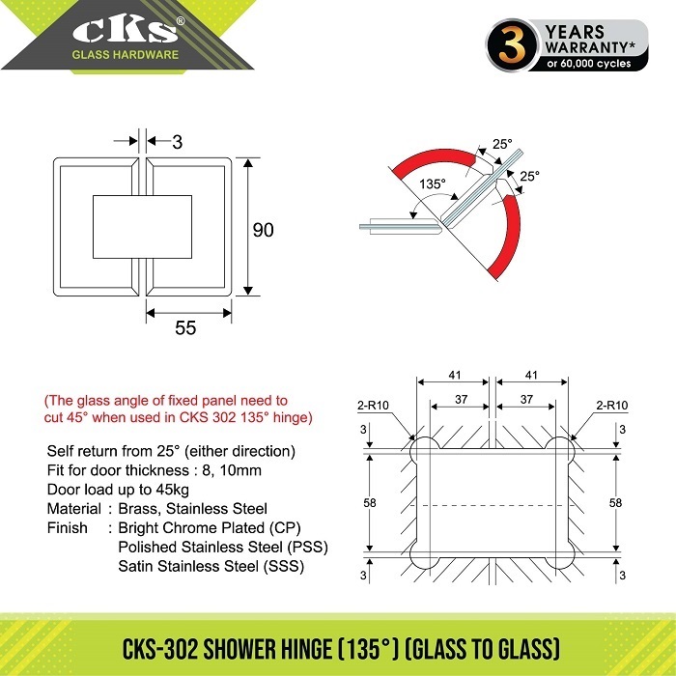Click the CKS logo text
126,30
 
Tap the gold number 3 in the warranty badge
511,44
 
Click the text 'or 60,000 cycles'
588,64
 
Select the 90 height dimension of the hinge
263,230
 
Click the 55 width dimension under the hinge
185,327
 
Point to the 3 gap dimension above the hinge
177,142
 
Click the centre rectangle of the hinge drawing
142,227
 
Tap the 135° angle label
433,184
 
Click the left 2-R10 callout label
374,406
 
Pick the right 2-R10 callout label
612,406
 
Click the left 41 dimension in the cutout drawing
455,375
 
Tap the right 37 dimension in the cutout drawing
526,399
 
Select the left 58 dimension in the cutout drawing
370,503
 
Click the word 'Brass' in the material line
137,509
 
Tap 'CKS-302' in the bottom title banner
160,649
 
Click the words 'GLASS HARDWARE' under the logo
125,55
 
